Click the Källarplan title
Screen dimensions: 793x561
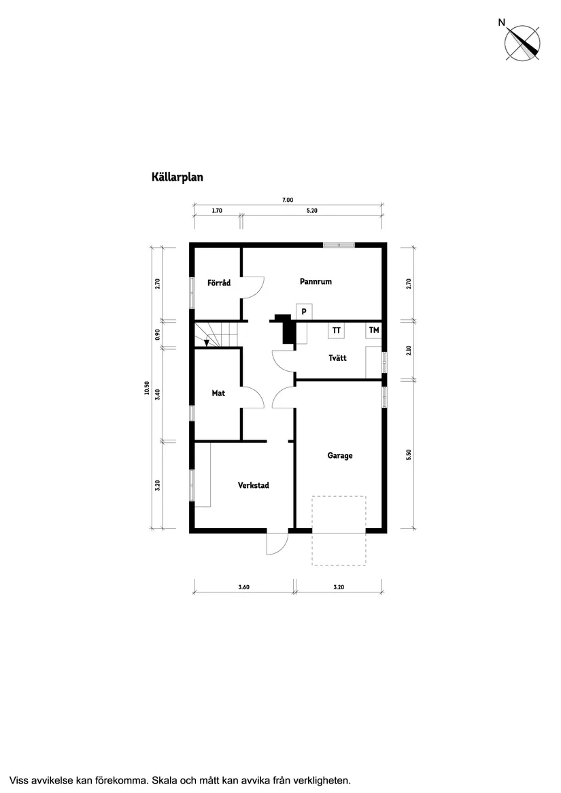(177, 177)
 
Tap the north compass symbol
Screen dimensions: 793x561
(522, 43)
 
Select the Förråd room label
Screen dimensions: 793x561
(219, 283)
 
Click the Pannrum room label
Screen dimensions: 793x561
(316, 281)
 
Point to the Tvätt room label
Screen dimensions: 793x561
(337, 357)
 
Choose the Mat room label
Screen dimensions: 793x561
(218, 393)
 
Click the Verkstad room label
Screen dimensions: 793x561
(254, 485)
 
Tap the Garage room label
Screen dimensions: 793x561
(340, 455)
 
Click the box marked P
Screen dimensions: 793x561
(304, 311)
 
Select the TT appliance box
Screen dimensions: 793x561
(336, 330)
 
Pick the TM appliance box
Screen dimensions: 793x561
(374, 330)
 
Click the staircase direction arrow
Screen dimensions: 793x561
(207, 342)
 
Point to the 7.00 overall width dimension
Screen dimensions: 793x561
(288, 200)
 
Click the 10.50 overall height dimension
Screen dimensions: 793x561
(146, 387)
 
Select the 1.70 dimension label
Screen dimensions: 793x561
(217, 211)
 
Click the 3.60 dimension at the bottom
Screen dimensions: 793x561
(244, 587)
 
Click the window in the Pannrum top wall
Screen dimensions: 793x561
(339, 245)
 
